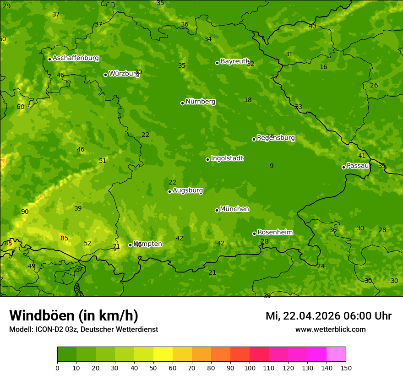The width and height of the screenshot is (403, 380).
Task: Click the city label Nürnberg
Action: (x=201, y=102)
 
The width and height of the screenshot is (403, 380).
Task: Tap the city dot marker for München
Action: (x=217, y=210)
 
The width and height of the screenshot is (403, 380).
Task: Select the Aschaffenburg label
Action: (x=76, y=58)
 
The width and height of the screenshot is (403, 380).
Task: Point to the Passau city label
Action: (x=358, y=166)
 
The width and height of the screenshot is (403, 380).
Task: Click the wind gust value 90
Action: (x=25, y=212)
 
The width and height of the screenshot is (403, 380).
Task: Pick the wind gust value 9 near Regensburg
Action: (x=272, y=166)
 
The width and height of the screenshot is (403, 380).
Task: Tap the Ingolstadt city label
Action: (x=227, y=158)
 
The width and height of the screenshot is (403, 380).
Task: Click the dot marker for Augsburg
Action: (x=169, y=191)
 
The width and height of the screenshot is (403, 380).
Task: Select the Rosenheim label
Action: (x=275, y=233)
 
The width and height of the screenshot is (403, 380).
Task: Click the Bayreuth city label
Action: (x=234, y=61)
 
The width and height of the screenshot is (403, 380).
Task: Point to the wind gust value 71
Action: (x=116, y=246)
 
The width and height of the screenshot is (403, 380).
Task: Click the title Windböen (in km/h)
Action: (x=74, y=315)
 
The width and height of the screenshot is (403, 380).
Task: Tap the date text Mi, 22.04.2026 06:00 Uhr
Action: (x=328, y=316)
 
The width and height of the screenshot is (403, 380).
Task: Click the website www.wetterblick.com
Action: (x=330, y=330)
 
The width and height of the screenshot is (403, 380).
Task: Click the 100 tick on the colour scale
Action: (x=250, y=368)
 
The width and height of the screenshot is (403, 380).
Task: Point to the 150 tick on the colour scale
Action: (x=346, y=368)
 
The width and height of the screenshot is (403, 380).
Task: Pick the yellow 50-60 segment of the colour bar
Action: (x=163, y=354)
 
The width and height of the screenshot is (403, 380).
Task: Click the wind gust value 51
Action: (x=103, y=161)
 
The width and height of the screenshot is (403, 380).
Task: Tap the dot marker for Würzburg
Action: (x=105, y=75)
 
